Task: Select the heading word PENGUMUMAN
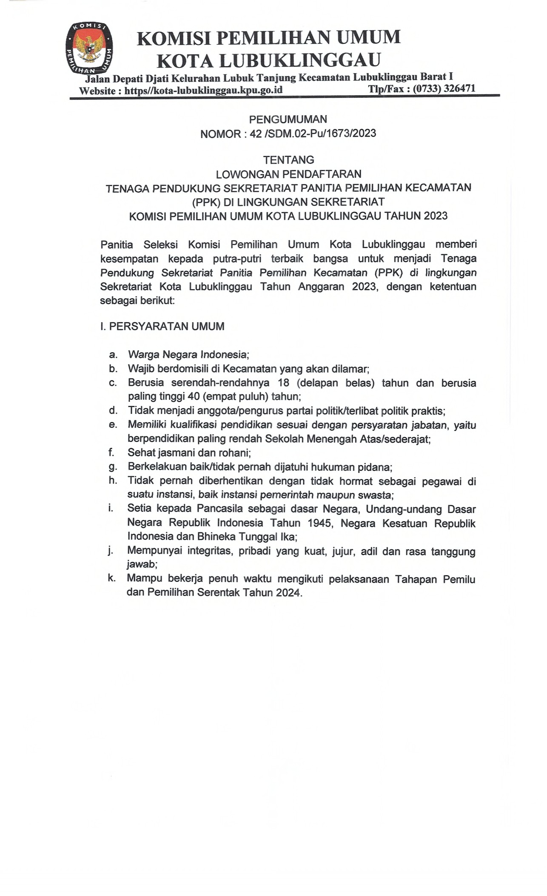(x=288, y=119)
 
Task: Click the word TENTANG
(x=288, y=160)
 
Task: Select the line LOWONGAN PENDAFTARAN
(x=288, y=174)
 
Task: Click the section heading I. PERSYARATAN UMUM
(x=162, y=326)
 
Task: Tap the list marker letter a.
(x=113, y=354)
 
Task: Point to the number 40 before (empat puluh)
(x=194, y=396)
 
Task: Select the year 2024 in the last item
(x=288, y=592)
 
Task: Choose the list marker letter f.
(x=111, y=452)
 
